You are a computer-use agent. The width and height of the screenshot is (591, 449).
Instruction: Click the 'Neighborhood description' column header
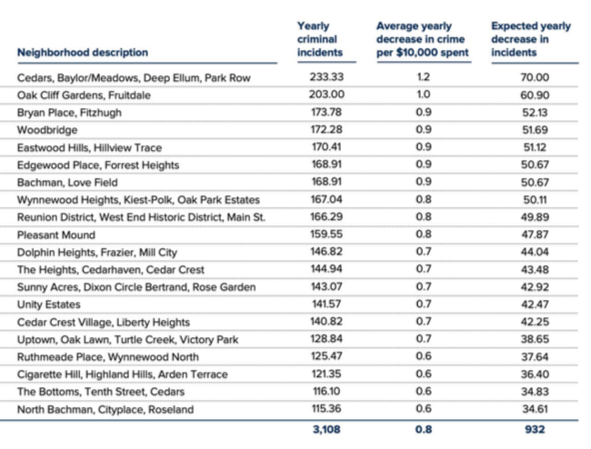(83, 53)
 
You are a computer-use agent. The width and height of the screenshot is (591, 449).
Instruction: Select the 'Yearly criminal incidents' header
(320, 39)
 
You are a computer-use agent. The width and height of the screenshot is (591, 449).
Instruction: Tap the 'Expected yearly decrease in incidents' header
(531, 39)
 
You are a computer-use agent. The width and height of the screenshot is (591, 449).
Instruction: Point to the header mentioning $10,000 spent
(423, 39)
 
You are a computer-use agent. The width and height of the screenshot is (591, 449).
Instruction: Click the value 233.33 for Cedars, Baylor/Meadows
(326, 77)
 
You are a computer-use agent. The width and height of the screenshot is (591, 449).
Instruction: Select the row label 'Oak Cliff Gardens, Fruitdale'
(84, 95)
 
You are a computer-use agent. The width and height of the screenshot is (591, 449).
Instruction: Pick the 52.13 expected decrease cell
(535, 113)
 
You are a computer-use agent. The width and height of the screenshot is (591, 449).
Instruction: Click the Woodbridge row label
(47, 130)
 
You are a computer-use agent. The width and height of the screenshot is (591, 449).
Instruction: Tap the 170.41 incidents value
(326, 146)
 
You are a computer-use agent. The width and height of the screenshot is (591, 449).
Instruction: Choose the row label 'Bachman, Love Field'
(67, 183)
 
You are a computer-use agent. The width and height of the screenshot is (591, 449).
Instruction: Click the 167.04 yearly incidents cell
(326, 199)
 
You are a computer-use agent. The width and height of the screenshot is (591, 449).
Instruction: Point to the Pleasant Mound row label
(56, 235)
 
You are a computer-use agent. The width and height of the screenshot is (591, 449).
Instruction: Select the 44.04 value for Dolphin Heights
(535, 252)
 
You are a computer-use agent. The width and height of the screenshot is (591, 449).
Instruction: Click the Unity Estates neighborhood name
(49, 304)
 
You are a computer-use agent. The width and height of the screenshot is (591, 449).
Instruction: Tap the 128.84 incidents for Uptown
(326, 339)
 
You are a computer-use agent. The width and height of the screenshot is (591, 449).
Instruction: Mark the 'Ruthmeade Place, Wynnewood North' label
(108, 356)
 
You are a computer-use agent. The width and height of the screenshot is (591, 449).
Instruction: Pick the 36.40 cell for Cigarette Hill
(535, 374)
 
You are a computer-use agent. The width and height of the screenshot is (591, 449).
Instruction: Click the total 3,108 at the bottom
(326, 429)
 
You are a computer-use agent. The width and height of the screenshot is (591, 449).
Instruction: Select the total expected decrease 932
(535, 429)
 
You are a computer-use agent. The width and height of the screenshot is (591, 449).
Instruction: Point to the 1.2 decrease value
(424, 77)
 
